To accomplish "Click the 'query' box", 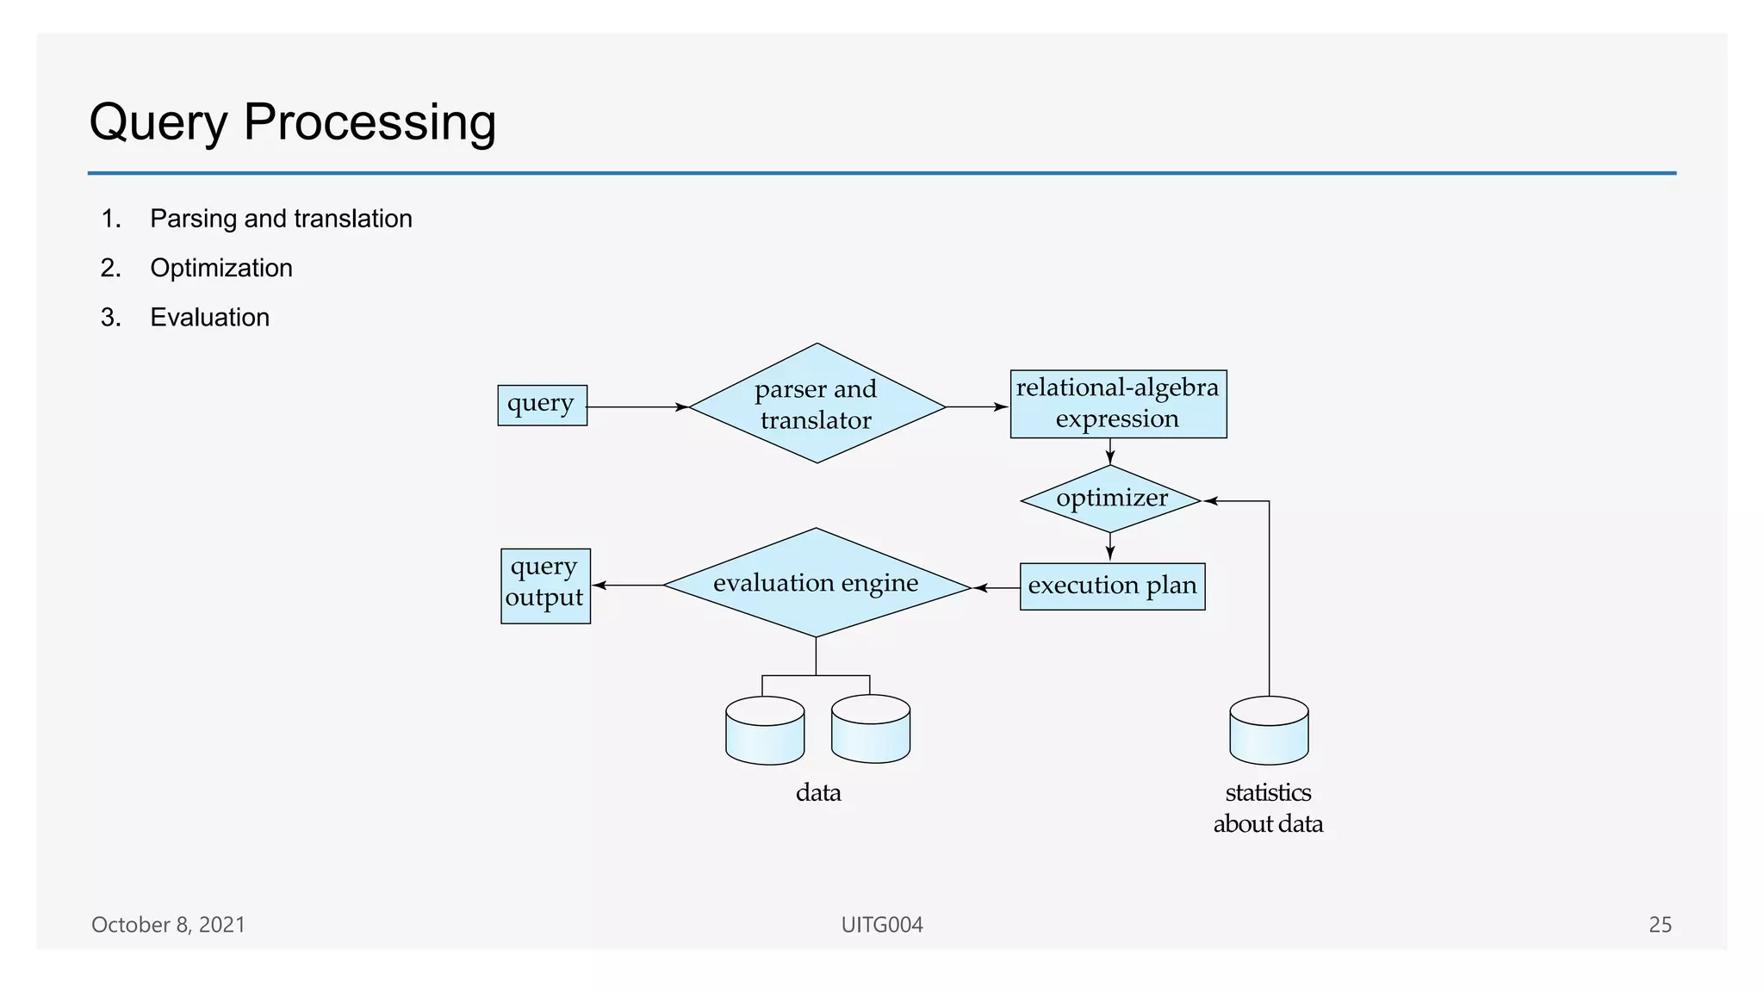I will coord(542,405).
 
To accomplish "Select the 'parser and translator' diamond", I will coord(817,404).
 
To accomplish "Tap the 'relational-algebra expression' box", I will coord(1118,404).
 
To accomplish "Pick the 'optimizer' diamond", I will coord(1111,499).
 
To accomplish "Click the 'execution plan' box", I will coord(1112,586).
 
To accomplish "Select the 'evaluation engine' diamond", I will coord(816,583).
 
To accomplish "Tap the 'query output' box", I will coord(545,586).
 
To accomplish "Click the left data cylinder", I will coord(765,731).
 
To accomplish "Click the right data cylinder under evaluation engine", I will coord(870,730).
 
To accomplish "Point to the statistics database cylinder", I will coord(1269,731).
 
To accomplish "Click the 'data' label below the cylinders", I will coord(818,792).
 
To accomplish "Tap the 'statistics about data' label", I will coord(1268,808).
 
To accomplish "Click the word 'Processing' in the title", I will coord(370,122).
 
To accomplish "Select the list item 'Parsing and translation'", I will coord(281,219).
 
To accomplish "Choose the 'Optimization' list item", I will coord(221,268).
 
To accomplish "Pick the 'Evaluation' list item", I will coord(209,318).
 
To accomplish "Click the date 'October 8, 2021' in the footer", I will coord(168,925).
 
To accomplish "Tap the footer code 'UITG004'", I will coord(882,925).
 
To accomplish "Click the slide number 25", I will coord(1660,925).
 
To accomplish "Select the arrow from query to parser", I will coord(637,406).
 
